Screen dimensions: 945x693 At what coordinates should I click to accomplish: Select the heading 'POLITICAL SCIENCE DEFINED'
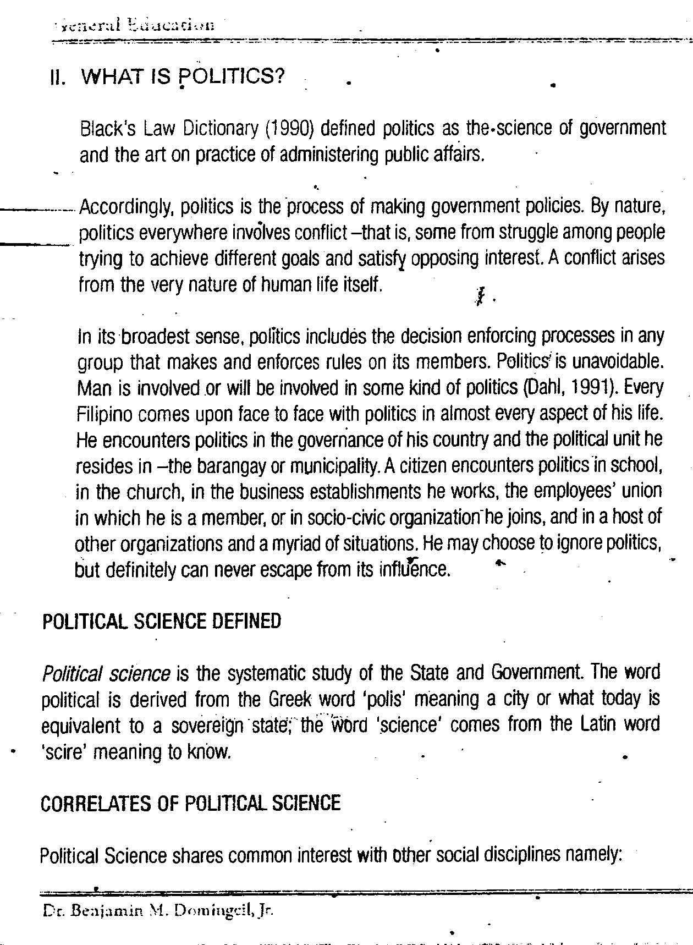[x=161, y=622]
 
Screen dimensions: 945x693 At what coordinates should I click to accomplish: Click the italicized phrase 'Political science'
[x=106, y=673]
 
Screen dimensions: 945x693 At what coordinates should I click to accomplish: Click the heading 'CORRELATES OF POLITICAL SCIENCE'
[x=190, y=804]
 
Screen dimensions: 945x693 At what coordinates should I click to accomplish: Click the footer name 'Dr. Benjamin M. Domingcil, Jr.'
[x=157, y=911]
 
